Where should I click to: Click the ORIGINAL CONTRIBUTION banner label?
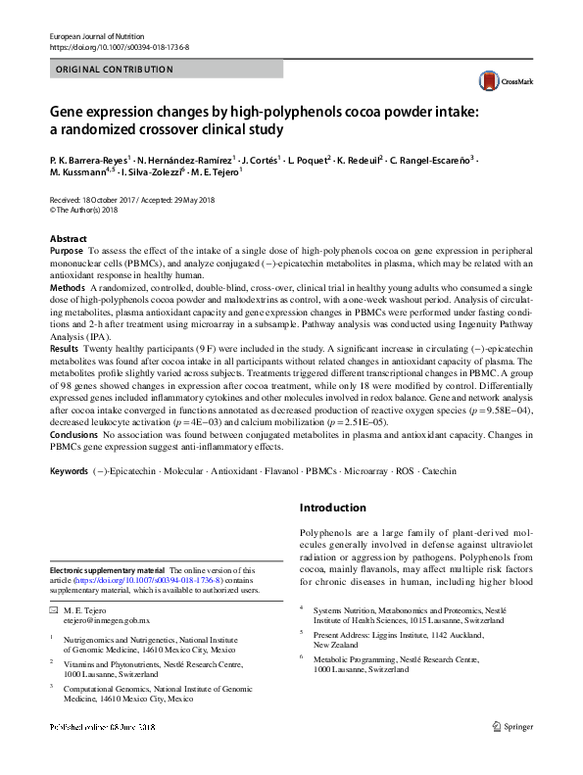click(116, 70)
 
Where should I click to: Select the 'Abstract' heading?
click(69, 239)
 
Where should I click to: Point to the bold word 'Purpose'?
click(66, 252)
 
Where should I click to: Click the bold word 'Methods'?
click(68, 288)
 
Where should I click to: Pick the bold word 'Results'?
click(65, 349)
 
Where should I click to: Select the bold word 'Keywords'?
click(69, 471)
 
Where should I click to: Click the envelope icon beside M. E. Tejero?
click(55, 610)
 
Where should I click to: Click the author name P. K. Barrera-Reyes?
click(89, 160)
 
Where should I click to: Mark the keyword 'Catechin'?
click(438, 471)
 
